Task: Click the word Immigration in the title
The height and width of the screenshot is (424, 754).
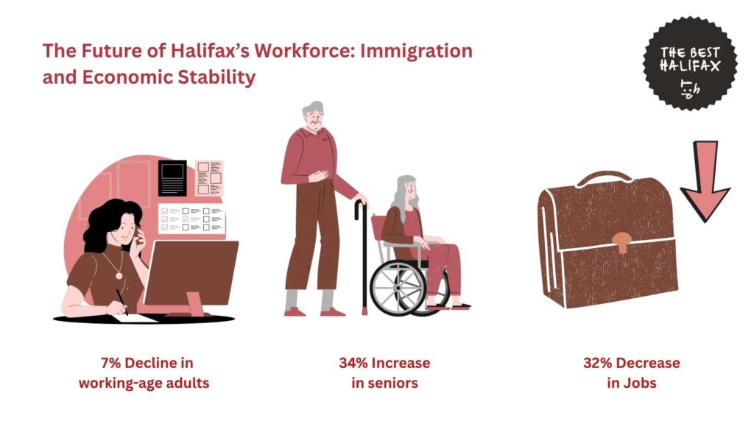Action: coord(416,51)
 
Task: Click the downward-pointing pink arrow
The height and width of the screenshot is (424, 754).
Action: coord(705,181)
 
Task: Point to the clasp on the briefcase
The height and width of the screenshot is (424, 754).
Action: coord(622,241)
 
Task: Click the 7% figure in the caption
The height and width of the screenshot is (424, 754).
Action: coord(110,363)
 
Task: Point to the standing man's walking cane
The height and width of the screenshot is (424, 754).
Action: coord(363,258)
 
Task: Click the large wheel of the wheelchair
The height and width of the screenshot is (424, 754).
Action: coord(398,288)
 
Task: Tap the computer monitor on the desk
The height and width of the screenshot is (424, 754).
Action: coord(191,273)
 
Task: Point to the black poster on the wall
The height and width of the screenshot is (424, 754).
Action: coord(172,178)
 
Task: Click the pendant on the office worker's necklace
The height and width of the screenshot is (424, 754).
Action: coord(119,275)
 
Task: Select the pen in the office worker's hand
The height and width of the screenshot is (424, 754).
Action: coord(122,302)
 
